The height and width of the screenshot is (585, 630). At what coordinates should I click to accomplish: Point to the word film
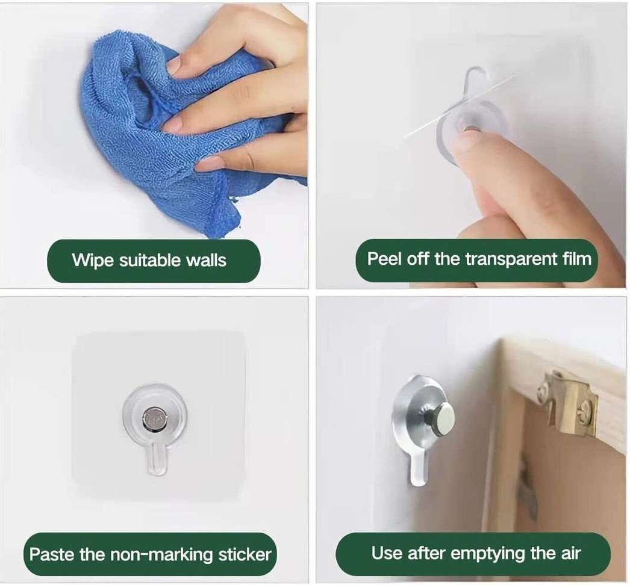[x=577, y=259]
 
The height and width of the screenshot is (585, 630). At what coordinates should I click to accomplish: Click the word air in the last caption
[x=571, y=553]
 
